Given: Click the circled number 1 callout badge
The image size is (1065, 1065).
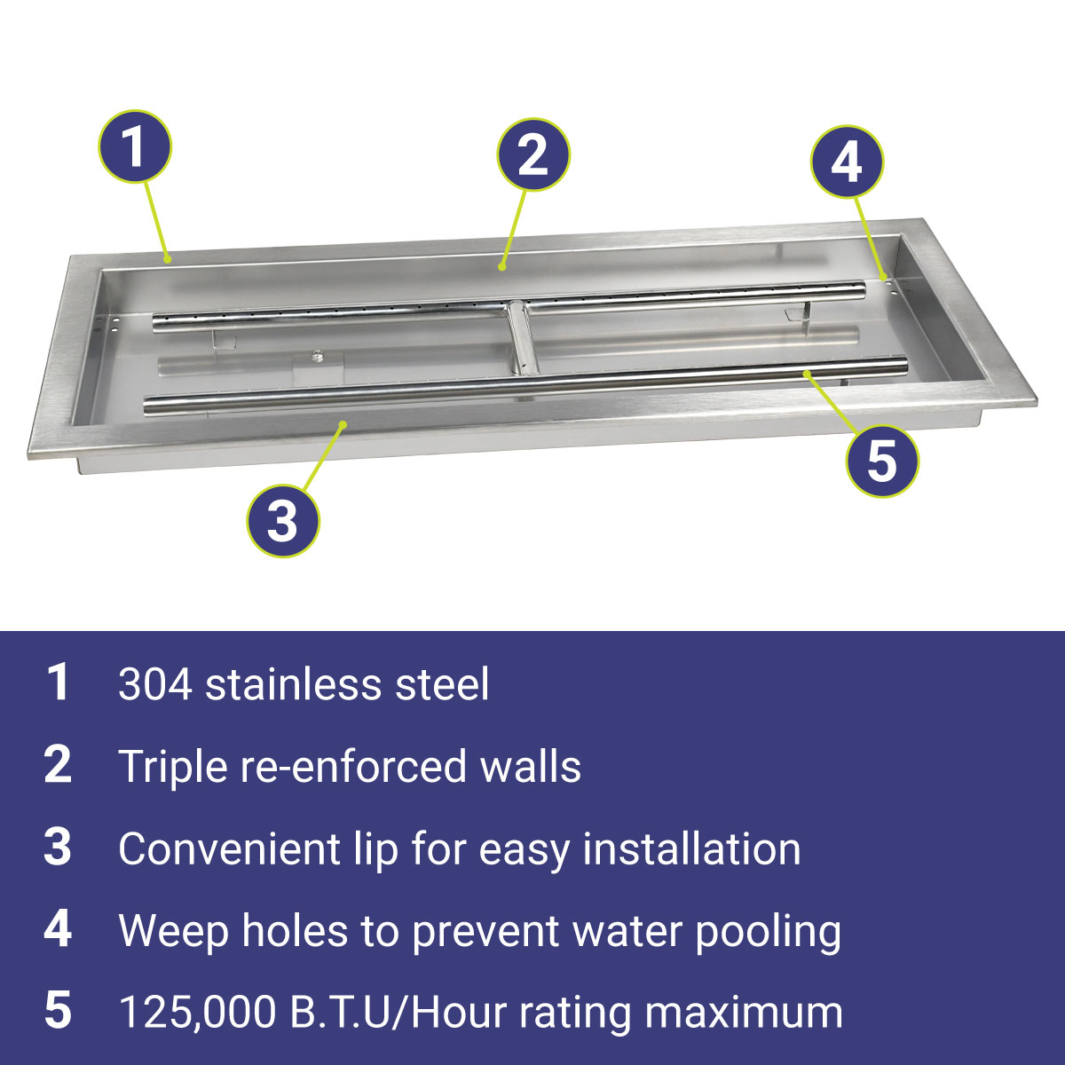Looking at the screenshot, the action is coord(136,146).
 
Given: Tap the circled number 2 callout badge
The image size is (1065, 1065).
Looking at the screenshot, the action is coord(533,154).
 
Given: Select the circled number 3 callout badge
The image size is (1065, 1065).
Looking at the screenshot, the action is coord(283,521).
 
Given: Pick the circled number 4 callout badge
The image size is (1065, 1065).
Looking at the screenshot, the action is coord(848,162).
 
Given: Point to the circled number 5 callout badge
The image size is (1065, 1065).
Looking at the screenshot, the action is coord(882,461).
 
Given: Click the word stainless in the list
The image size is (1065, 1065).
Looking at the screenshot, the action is coord(293,684).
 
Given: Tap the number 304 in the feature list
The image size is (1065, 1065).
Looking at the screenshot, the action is coord(155,685).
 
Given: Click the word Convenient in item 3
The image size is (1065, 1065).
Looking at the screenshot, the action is coord(229,849).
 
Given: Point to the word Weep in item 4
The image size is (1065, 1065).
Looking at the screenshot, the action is coord(174,934).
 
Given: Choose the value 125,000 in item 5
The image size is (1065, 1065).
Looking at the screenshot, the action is coord(197,1014).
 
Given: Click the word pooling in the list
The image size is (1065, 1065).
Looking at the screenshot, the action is coord(768,934).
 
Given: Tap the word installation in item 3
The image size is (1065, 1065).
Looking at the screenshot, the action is coord(691,849).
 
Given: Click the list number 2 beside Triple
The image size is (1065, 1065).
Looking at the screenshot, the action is coord(58,765).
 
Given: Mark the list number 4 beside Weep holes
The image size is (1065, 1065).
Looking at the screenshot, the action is coord(58,930).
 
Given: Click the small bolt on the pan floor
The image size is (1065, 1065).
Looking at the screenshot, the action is coord(317,355).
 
